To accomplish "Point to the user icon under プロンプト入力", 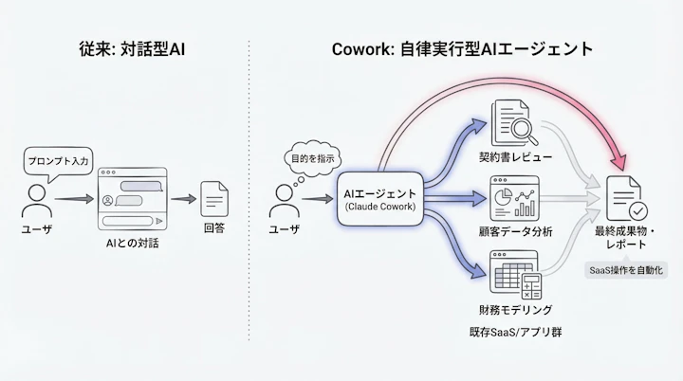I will point(37,200).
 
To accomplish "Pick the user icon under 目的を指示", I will point(285,199).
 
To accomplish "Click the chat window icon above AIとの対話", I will point(133,200).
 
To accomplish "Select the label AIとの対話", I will point(133,245).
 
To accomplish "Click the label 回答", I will point(214,229).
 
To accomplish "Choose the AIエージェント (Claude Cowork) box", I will point(379,199).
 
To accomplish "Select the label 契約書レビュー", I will point(515,155).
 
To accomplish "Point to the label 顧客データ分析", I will point(515,232).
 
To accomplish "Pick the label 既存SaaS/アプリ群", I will point(515,333).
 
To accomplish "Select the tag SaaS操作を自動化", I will point(628,272).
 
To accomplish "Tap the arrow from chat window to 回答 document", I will point(182,200).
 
